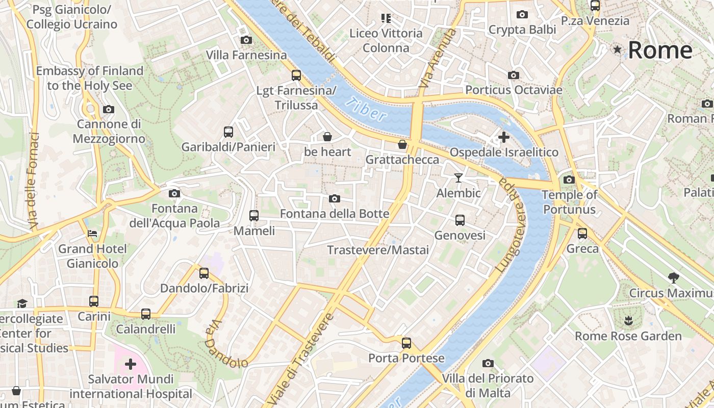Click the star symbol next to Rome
coord(618,49)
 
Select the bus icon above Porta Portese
coord(406,343)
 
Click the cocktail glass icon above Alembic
coord(458,177)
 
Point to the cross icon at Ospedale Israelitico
coord(503,137)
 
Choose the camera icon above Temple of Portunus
coord(569,180)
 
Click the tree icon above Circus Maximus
coord(673,277)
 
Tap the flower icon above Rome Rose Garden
coord(628,320)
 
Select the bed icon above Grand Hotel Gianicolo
coord(92,234)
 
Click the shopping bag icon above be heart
coord(327,136)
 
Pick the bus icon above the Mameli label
coord(253,216)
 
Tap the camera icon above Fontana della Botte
coord(334,198)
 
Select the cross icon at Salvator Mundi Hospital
coord(131,364)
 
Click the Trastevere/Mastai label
coord(377,250)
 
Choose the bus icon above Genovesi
coord(460,220)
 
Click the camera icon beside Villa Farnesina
coord(246,40)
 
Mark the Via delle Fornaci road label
coord(34,181)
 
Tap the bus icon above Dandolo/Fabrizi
coord(204,273)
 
